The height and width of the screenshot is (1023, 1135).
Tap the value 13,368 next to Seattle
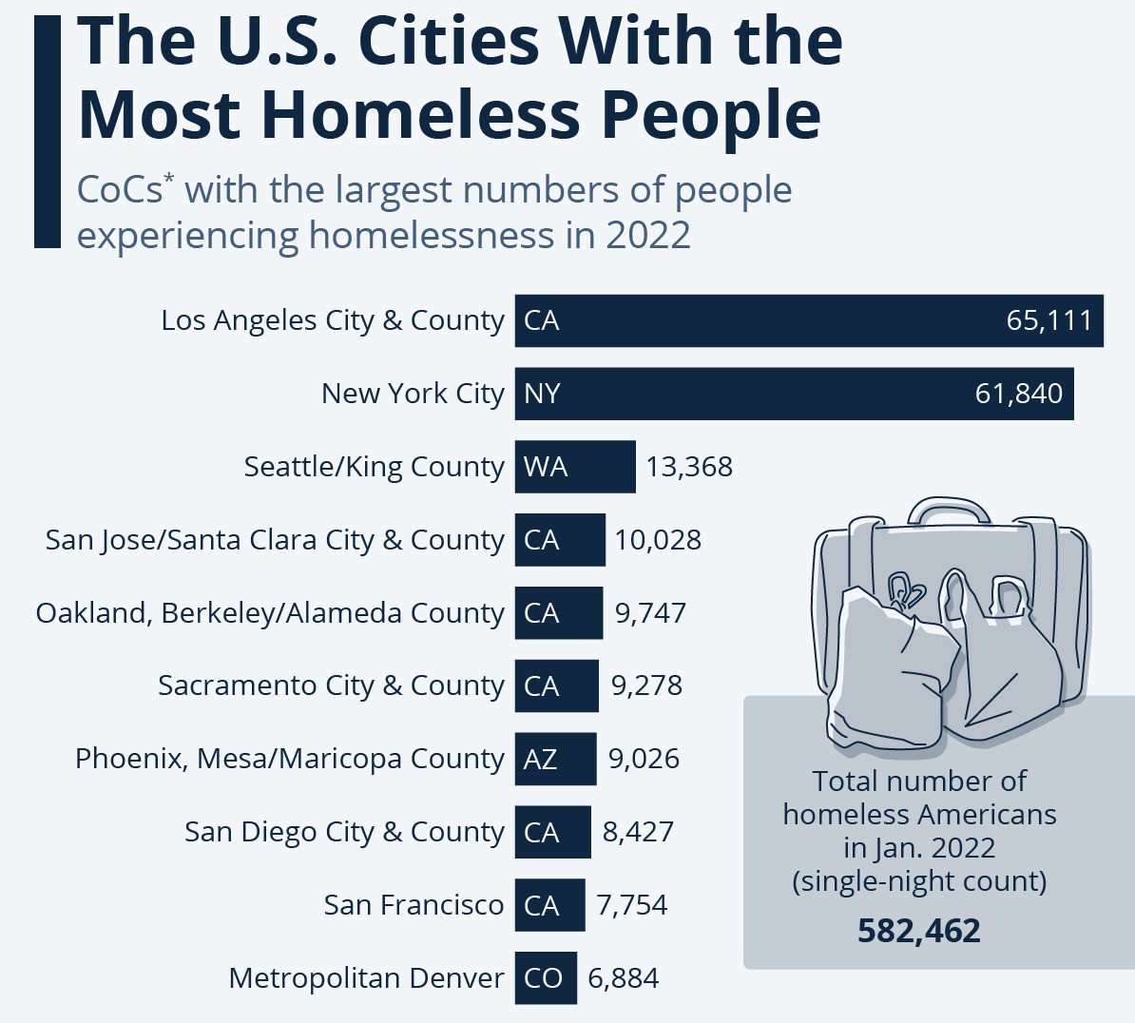pos(689,467)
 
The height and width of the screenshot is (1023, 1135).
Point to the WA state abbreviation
pos(546,467)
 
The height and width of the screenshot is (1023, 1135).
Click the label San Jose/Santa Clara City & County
pos(275,540)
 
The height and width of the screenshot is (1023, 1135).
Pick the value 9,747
pos(650,613)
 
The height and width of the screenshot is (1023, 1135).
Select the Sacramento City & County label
pos(331,685)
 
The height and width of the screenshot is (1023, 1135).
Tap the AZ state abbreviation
pos(541,759)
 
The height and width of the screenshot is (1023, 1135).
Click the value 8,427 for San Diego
pos(638,832)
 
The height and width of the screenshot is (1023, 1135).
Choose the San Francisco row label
pos(414,905)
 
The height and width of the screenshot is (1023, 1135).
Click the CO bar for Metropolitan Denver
pos(546,977)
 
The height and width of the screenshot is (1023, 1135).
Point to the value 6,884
pos(624,978)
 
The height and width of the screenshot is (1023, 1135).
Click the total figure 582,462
pos(919,931)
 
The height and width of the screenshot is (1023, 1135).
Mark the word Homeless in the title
pos(420,115)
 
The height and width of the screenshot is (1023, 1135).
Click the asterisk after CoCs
pos(169,180)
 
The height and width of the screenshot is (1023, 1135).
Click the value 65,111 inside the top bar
pos(1049,320)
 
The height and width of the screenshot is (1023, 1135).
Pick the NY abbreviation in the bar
pos(543,394)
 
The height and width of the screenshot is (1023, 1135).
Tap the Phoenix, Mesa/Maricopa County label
pos(289,759)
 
